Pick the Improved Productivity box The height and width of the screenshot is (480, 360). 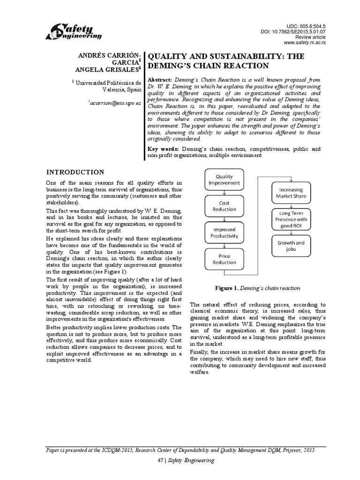(x=224, y=232)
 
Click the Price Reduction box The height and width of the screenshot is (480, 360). (x=224, y=259)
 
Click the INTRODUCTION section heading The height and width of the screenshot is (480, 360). (x=75, y=172)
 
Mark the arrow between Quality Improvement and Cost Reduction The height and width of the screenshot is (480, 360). (x=224, y=192)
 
